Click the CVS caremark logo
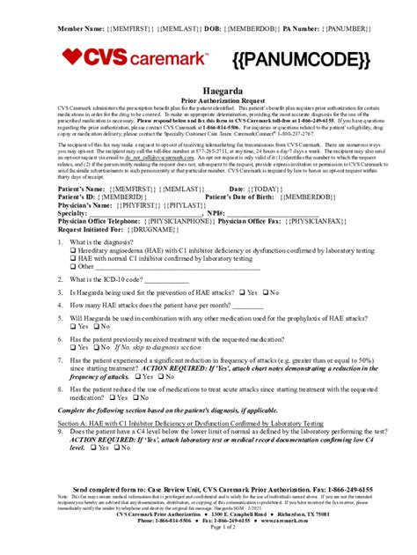coord(133,58)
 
